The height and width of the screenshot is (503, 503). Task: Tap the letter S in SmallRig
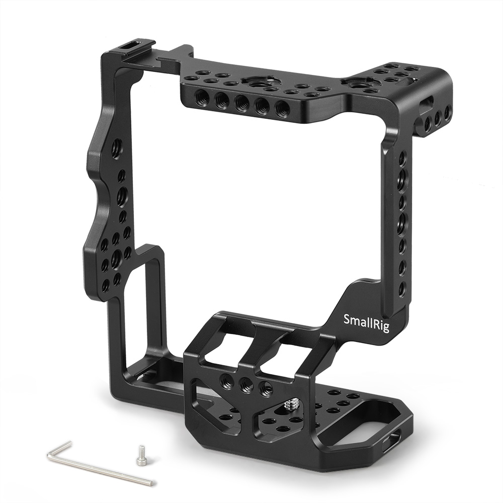347,318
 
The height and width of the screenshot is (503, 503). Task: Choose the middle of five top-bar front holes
240,105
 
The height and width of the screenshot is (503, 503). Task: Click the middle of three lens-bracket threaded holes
245,385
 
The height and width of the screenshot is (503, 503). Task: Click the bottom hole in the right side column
401,289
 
